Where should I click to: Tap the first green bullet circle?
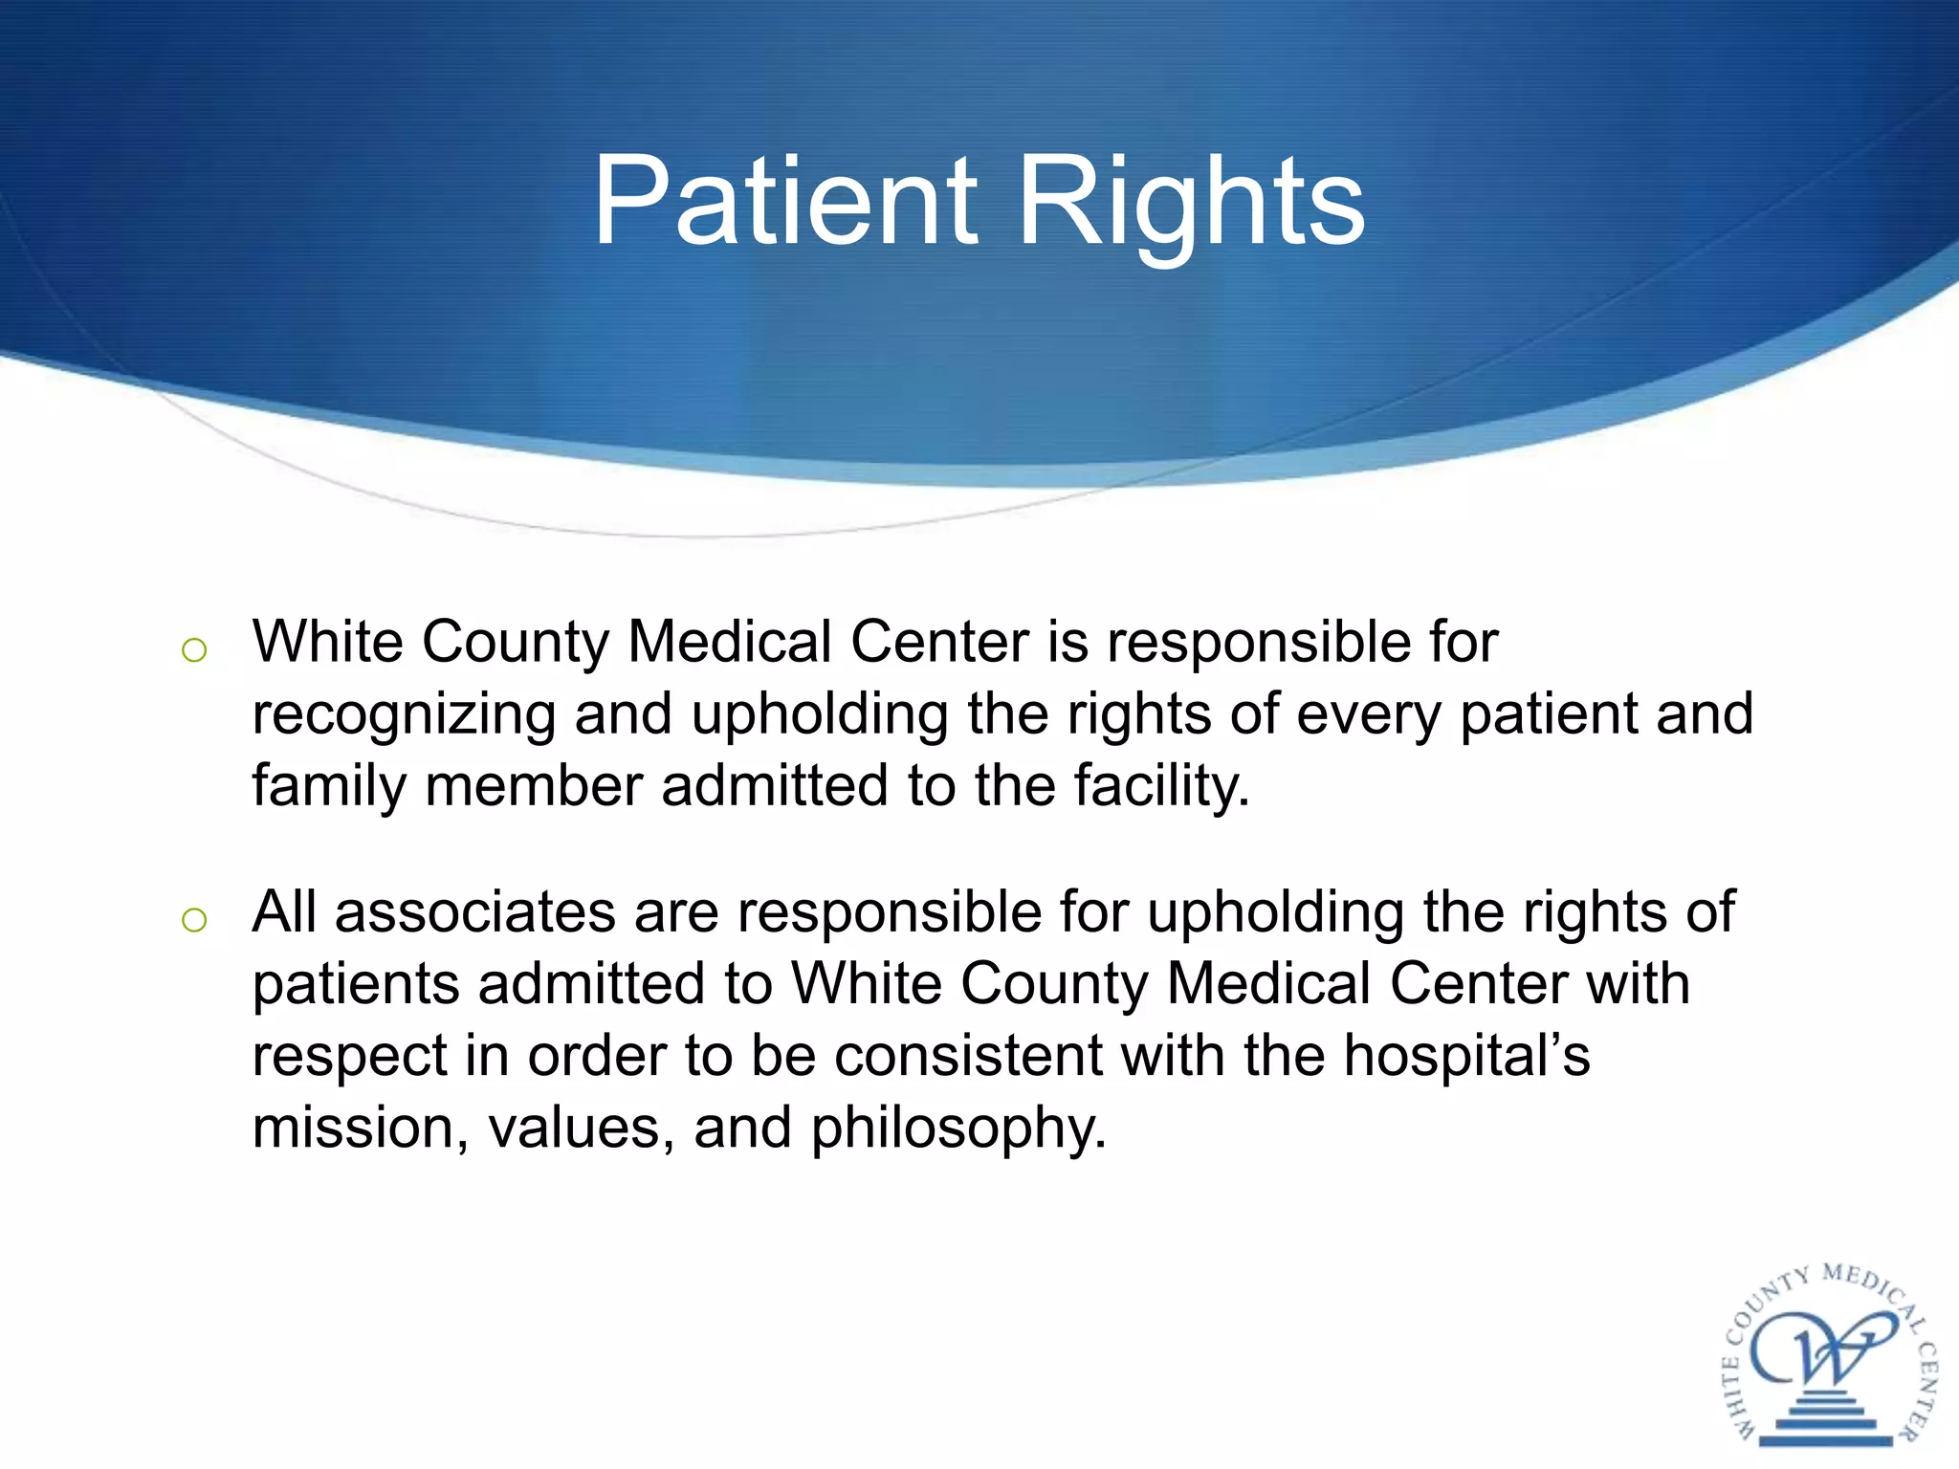pyautogui.click(x=194, y=650)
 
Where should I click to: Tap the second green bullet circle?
pyautogui.click(x=194, y=920)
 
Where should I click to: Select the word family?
pyautogui.click(x=328, y=787)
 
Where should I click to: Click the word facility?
pyautogui.click(x=1161, y=787)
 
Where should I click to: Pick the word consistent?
pyautogui.click(x=968, y=1056)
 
